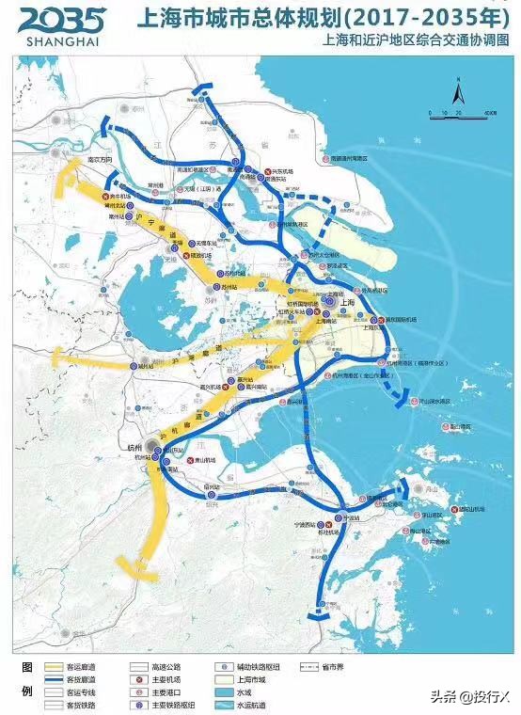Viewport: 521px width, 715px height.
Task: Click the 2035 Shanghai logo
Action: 62,27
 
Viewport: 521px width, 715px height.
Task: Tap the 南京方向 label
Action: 99,160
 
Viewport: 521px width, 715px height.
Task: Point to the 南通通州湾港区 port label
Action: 354,159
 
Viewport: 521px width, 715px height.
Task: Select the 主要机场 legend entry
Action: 169,678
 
